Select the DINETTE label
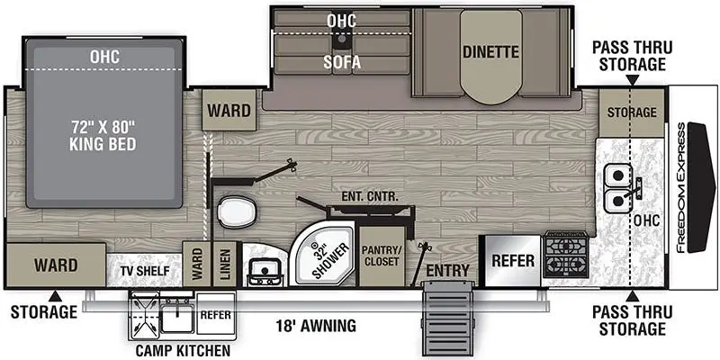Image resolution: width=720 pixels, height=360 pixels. pos(491,52)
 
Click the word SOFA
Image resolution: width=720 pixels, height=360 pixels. pos(342,62)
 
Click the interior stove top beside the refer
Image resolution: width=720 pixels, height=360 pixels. pos(567,255)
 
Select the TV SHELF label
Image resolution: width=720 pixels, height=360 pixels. pos(144,267)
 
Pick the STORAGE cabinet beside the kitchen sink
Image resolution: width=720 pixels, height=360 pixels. pos(630,113)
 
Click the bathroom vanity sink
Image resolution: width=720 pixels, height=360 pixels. pos(263,269)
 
